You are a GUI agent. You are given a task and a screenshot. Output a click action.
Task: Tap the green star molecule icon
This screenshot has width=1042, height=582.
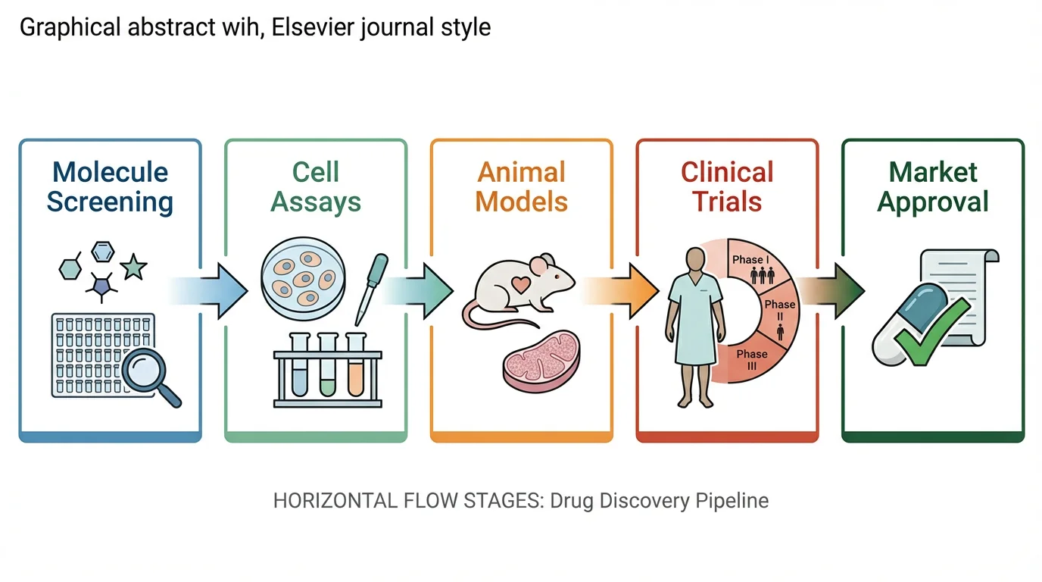133,266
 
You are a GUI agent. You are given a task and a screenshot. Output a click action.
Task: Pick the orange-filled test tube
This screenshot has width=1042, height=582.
355,368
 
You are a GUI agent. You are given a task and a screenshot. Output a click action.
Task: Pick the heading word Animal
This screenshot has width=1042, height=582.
522,172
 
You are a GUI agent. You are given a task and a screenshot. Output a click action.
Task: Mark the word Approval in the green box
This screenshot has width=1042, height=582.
933,202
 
